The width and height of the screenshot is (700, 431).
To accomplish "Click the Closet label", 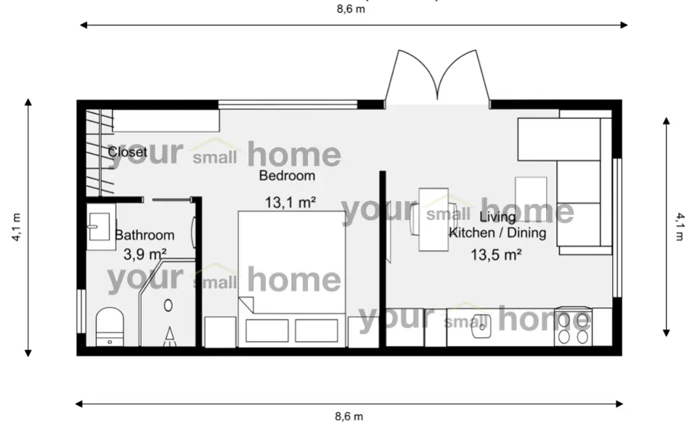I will pyautogui.click(x=128, y=152).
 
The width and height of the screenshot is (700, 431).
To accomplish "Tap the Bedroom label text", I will pyautogui.click(x=288, y=176).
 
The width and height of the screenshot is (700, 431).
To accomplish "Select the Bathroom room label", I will pyautogui.click(x=145, y=235).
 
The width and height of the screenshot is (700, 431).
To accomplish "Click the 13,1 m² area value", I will pyautogui.click(x=290, y=202).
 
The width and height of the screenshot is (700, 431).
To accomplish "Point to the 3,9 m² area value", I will pyautogui.click(x=145, y=254).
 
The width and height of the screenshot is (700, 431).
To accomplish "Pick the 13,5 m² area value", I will pyautogui.click(x=497, y=254).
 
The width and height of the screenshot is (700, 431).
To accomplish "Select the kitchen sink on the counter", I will pyautogui.click(x=481, y=329).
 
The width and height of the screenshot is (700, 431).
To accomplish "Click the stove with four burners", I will pyautogui.click(x=573, y=329).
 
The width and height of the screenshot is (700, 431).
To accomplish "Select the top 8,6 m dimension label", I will pyautogui.click(x=351, y=10).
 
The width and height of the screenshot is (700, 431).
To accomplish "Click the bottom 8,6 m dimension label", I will pyautogui.click(x=349, y=416).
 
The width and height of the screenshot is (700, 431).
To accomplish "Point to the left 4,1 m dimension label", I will pyautogui.click(x=16, y=226).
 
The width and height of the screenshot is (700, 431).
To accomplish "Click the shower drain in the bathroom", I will pyautogui.click(x=168, y=305).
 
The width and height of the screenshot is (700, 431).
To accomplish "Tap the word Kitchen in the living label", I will pyautogui.click(x=472, y=234).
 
